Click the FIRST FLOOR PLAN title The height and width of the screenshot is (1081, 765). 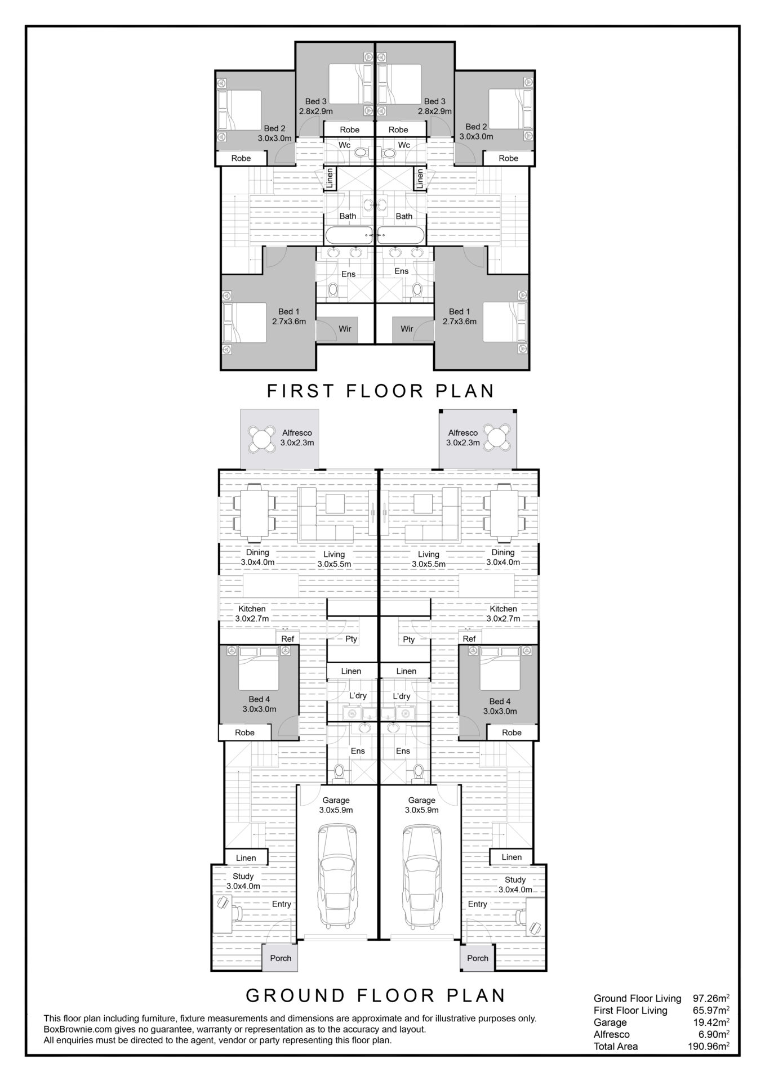381,390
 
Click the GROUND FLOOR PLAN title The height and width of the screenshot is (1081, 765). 376,995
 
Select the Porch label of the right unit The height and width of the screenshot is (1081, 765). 478,958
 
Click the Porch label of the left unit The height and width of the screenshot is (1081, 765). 281,958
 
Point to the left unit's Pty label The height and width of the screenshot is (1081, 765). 352,639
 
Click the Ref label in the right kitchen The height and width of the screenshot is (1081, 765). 469,638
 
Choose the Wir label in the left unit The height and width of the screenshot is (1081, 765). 345,329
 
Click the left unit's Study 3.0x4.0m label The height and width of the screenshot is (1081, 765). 243,881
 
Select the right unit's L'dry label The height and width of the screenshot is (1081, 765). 402,696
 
